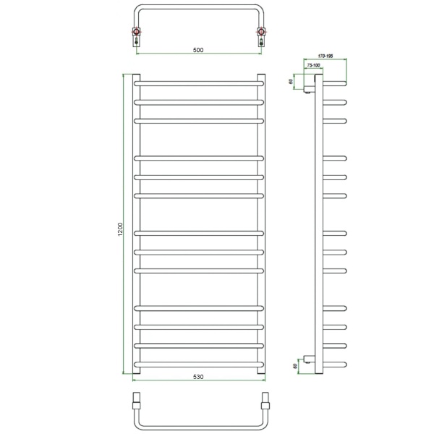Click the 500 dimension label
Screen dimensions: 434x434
coord(198,50)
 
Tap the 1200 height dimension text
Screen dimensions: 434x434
coord(120,229)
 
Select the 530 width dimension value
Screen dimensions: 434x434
coord(198,377)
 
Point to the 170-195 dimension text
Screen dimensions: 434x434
coord(325,56)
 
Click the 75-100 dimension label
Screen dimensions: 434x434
coord(313,66)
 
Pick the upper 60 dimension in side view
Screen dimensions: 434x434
coord(291,81)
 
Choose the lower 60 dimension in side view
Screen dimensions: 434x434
coord(295,365)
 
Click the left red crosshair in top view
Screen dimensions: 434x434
coord(137,32)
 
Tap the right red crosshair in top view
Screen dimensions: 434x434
coord(261,32)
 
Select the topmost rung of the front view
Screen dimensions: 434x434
coord(199,83)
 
